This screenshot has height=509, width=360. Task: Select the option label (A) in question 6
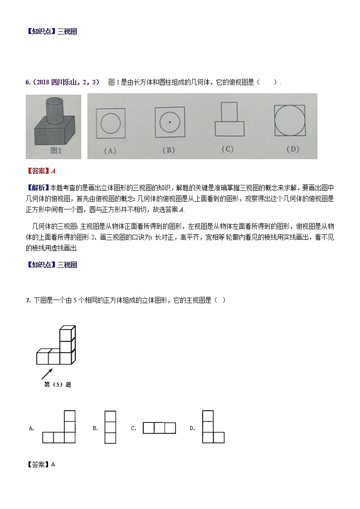click(111, 150)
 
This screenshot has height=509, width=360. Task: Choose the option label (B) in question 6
click(169, 150)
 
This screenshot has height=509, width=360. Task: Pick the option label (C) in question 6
click(227, 149)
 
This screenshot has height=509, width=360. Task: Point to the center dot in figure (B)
click(170, 122)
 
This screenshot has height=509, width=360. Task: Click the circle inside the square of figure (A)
click(111, 123)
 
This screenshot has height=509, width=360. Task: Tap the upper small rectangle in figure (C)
click(229, 111)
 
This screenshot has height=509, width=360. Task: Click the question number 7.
click(28, 300)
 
